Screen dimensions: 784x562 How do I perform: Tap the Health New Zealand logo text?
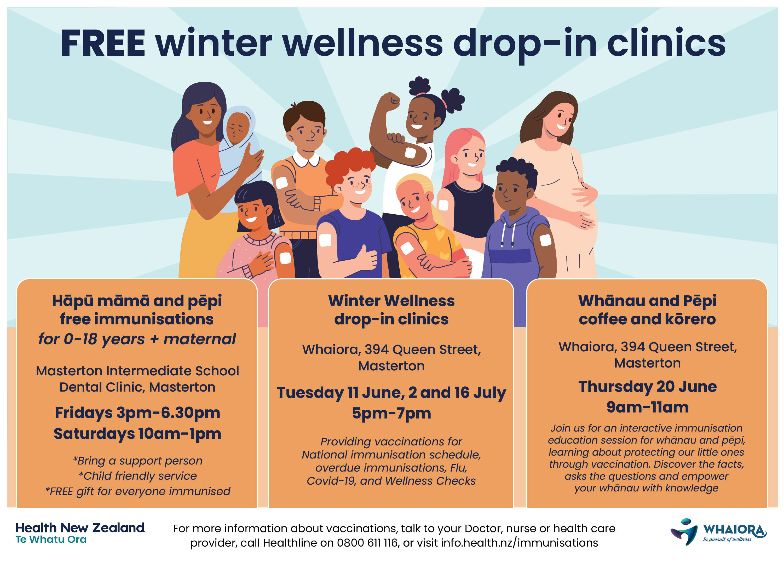[x=80, y=533]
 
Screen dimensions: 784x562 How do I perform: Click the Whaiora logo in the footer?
[x=719, y=532]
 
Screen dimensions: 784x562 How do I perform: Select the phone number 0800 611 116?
[x=367, y=543]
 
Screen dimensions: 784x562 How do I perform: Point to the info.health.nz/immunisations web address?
[x=519, y=543]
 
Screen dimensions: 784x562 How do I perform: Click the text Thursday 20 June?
[x=648, y=387]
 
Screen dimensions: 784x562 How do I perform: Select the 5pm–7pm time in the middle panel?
[x=391, y=414]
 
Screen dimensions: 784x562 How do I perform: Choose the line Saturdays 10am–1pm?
[x=137, y=434]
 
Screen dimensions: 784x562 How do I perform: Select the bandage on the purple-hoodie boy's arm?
[x=545, y=240]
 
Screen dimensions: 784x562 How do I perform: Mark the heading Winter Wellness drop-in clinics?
[x=391, y=310]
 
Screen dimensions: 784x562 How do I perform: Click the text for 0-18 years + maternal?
[x=137, y=339]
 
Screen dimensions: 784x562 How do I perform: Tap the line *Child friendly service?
[x=137, y=476]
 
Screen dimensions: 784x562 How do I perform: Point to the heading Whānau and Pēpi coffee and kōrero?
[x=648, y=310]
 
